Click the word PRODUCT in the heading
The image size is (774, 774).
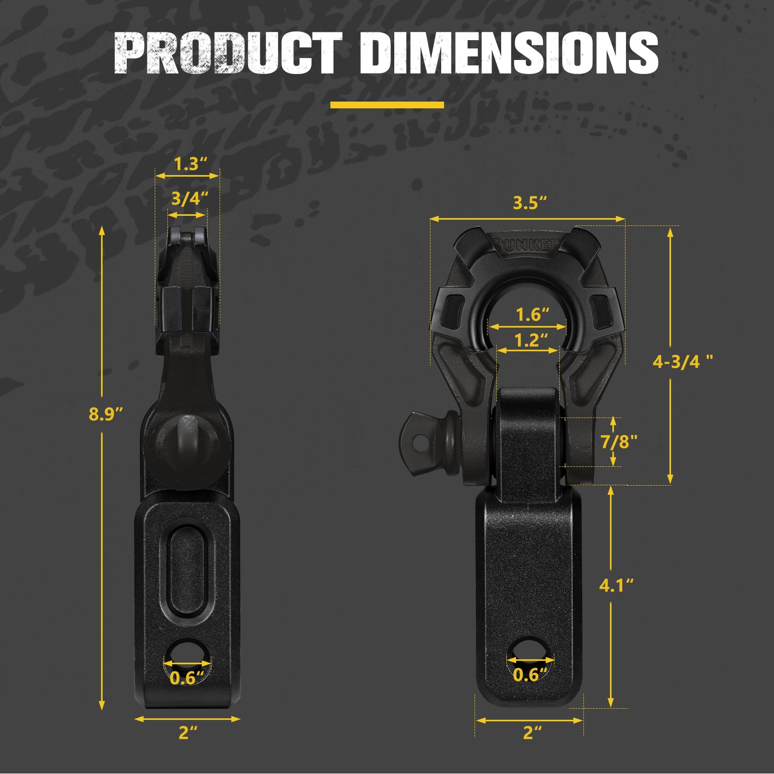click(x=227, y=53)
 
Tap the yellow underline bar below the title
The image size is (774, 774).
click(x=387, y=105)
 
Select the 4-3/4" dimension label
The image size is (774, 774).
click(x=682, y=361)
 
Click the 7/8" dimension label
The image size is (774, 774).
click(x=619, y=441)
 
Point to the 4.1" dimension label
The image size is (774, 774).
click(x=616, y=585)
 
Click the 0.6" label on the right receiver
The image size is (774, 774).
click(x=530, y=674)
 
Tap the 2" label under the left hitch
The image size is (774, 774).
click(x=188, y=732)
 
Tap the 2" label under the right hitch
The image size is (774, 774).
click(x=532, y=732)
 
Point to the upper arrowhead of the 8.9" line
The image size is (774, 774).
click(x=102, y=230)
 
